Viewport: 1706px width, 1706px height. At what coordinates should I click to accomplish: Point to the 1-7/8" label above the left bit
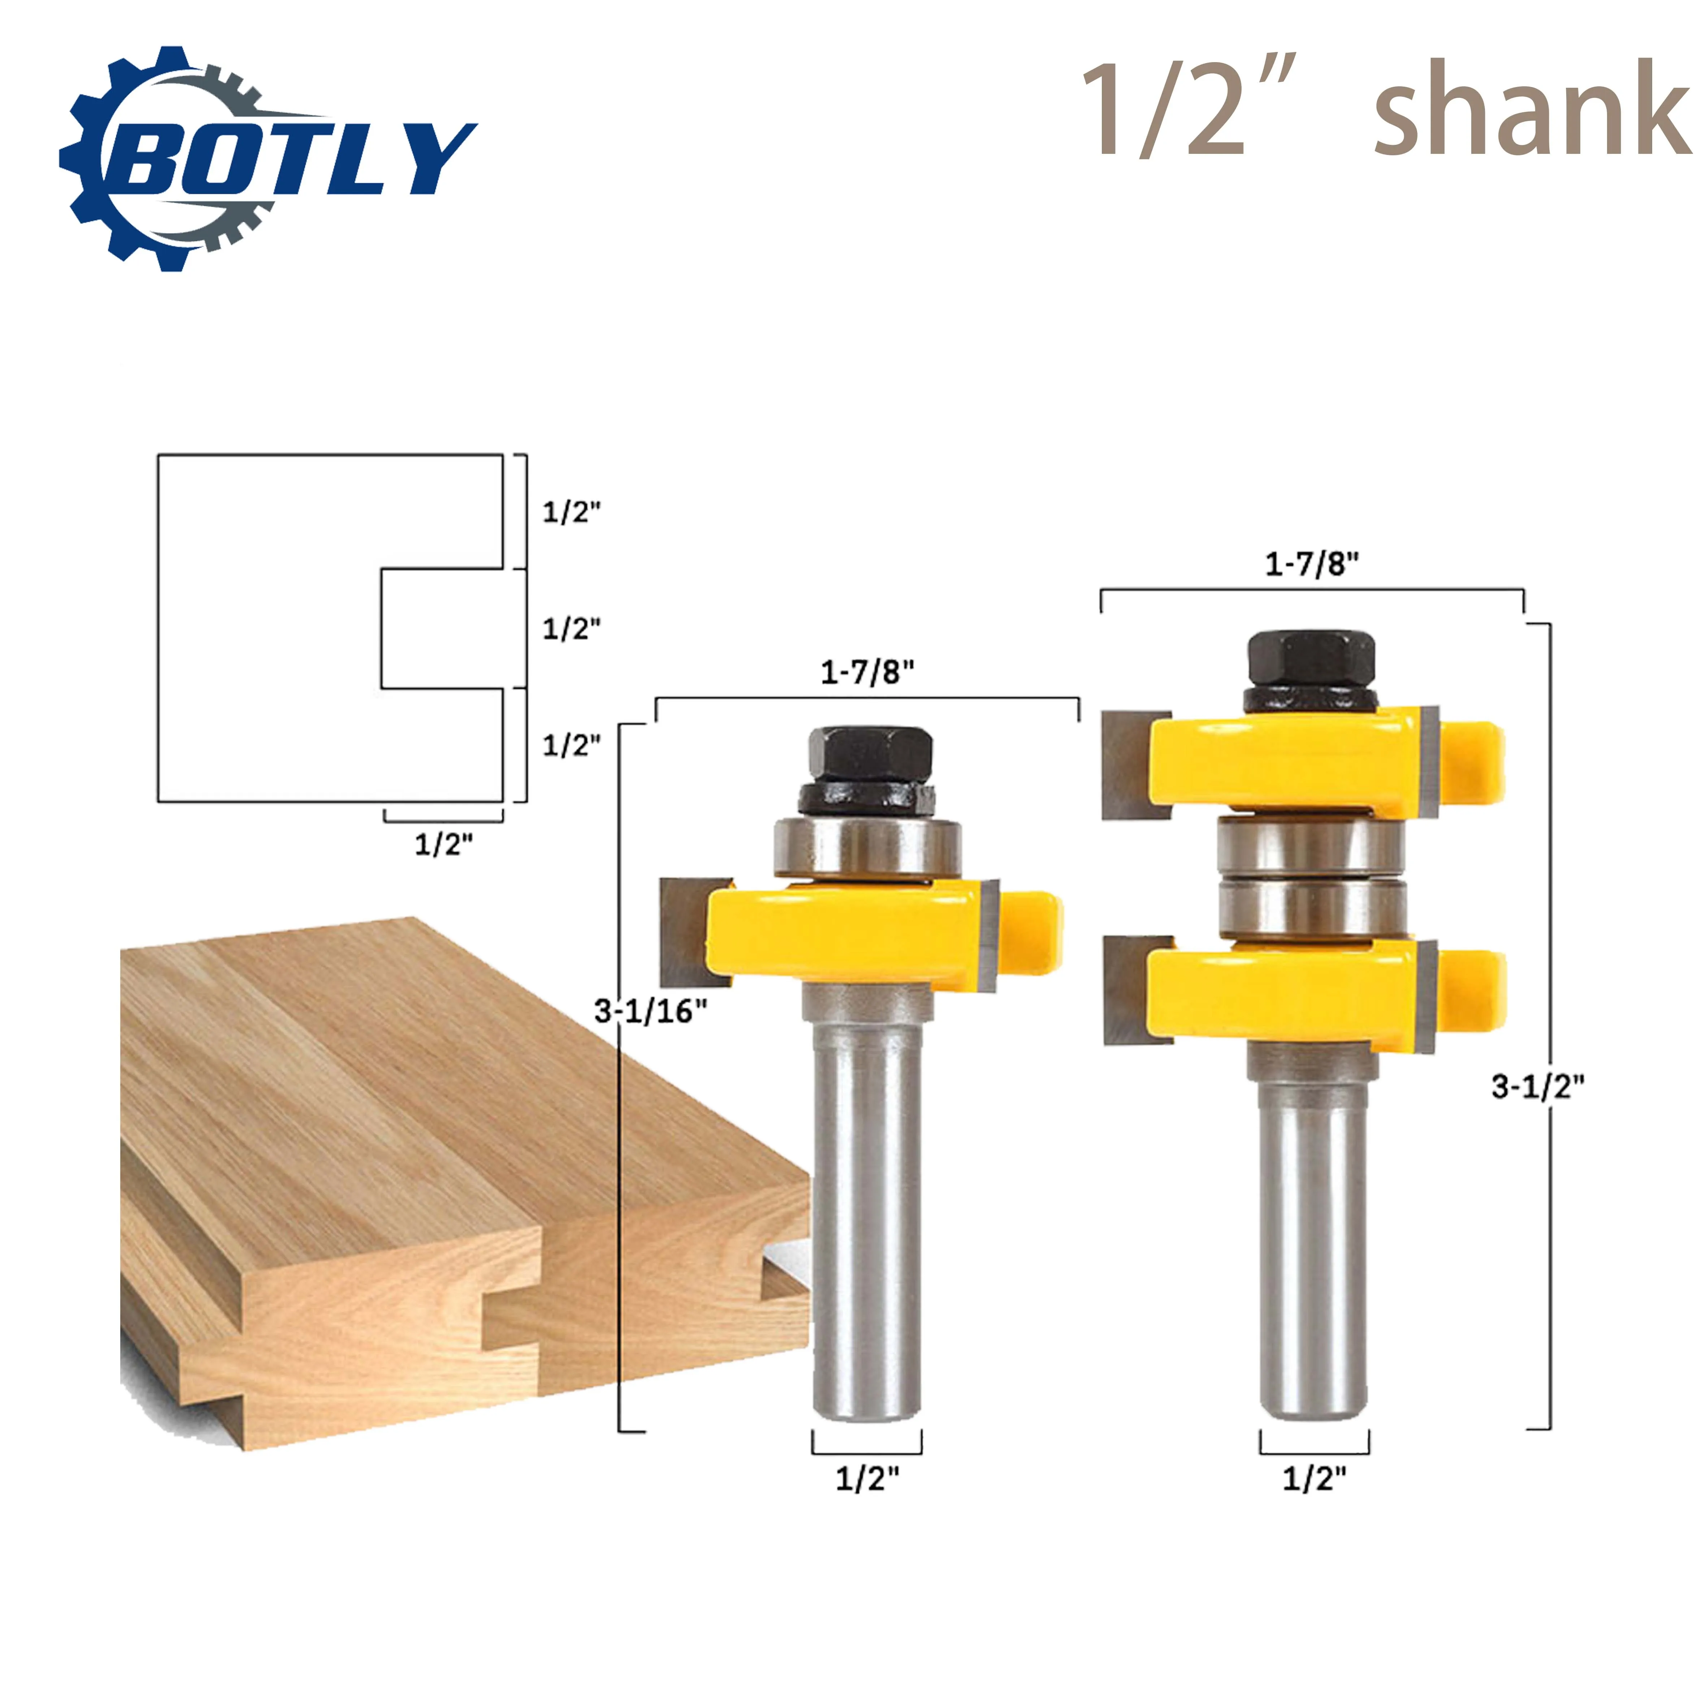867,673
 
